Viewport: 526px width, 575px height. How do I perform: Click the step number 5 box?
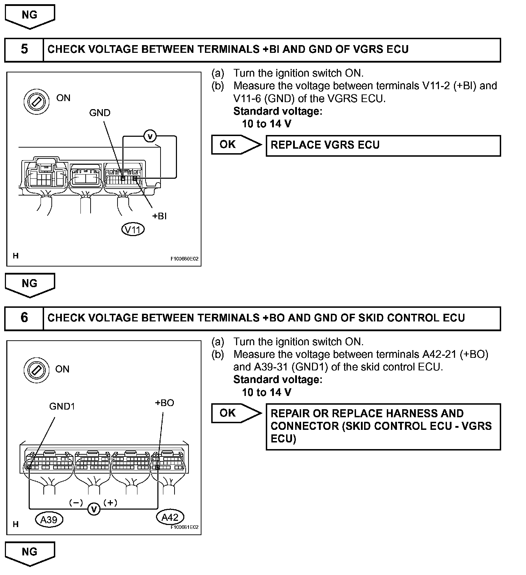tap(24, 49)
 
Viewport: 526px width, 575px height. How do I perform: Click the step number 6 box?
tap(24, 318)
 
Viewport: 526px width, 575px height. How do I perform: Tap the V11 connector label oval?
tap(133, 229)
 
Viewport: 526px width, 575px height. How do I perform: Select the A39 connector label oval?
tap(49, 520)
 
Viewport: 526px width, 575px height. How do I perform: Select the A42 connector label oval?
tap(170, 517)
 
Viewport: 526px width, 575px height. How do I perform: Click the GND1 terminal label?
tap(62, 406)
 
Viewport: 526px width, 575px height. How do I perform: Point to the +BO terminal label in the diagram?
tap(164, 403)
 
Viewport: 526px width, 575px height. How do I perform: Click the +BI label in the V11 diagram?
tap(159, 216)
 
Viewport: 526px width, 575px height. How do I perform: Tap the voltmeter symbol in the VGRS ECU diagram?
tap(150, 136)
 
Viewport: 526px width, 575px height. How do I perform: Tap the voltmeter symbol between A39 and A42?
tap(94, 509)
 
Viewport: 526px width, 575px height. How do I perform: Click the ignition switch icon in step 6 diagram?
tap(34, 369)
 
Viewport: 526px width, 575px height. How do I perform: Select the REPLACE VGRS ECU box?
tap(383, 145)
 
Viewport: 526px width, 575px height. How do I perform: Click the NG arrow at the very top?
tap(30, 16)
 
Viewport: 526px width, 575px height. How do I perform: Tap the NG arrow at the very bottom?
tap(30, 553)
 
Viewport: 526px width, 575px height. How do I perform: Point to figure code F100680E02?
tap(184, 259)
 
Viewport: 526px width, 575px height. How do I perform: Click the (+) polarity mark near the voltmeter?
tap(111, 503)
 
